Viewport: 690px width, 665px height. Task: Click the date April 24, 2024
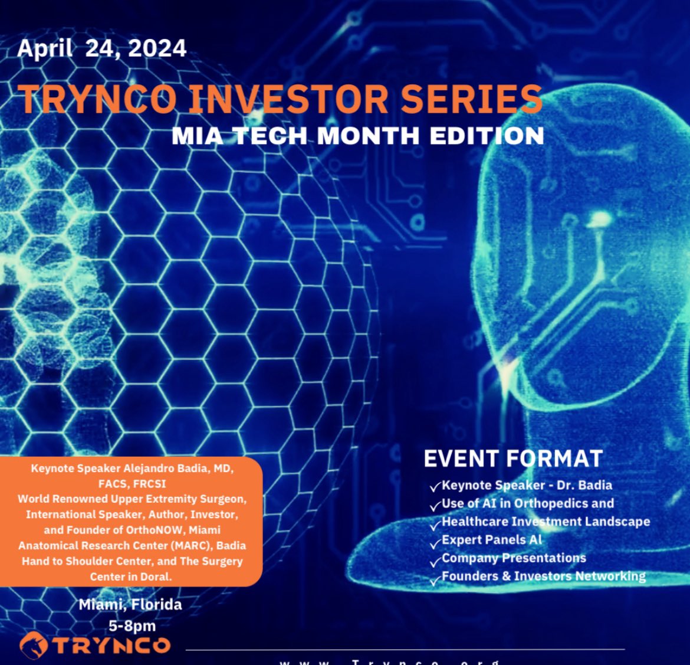pos(101,48)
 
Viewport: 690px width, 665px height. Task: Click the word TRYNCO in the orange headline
pos(97,99)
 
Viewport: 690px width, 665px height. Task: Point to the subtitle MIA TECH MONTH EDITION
pos(357,136)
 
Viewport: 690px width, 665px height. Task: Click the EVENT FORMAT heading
pos(513,458)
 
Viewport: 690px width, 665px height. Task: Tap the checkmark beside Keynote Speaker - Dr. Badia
pos(435,487)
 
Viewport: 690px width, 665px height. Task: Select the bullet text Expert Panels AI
pos(492,540)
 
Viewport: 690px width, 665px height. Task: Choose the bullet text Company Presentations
pos(514,558)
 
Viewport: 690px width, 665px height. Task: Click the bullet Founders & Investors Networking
pos(543,576)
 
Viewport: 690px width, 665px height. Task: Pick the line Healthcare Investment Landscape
pos(546,522)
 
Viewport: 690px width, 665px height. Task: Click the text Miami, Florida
pos(130,605)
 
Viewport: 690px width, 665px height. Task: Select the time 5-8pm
pos(132,626)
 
